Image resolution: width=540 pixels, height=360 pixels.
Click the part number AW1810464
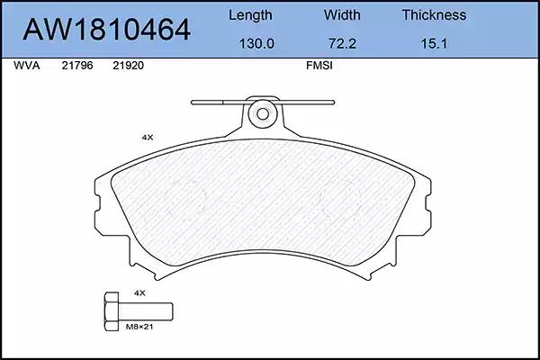[106, 30]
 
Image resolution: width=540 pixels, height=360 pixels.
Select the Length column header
[250, 15]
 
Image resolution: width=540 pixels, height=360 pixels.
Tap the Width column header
[342, 15]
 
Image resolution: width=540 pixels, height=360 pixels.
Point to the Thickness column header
[434, 15]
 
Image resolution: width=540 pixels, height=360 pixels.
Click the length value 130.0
[256, 44]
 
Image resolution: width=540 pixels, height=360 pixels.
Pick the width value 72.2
[342, 44]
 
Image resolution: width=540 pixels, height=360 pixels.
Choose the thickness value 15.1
[434, 44]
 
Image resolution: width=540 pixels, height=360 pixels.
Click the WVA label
[26, 66]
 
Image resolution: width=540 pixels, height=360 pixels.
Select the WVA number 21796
[77, 66]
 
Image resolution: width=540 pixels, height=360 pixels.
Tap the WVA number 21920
[128, 66]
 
